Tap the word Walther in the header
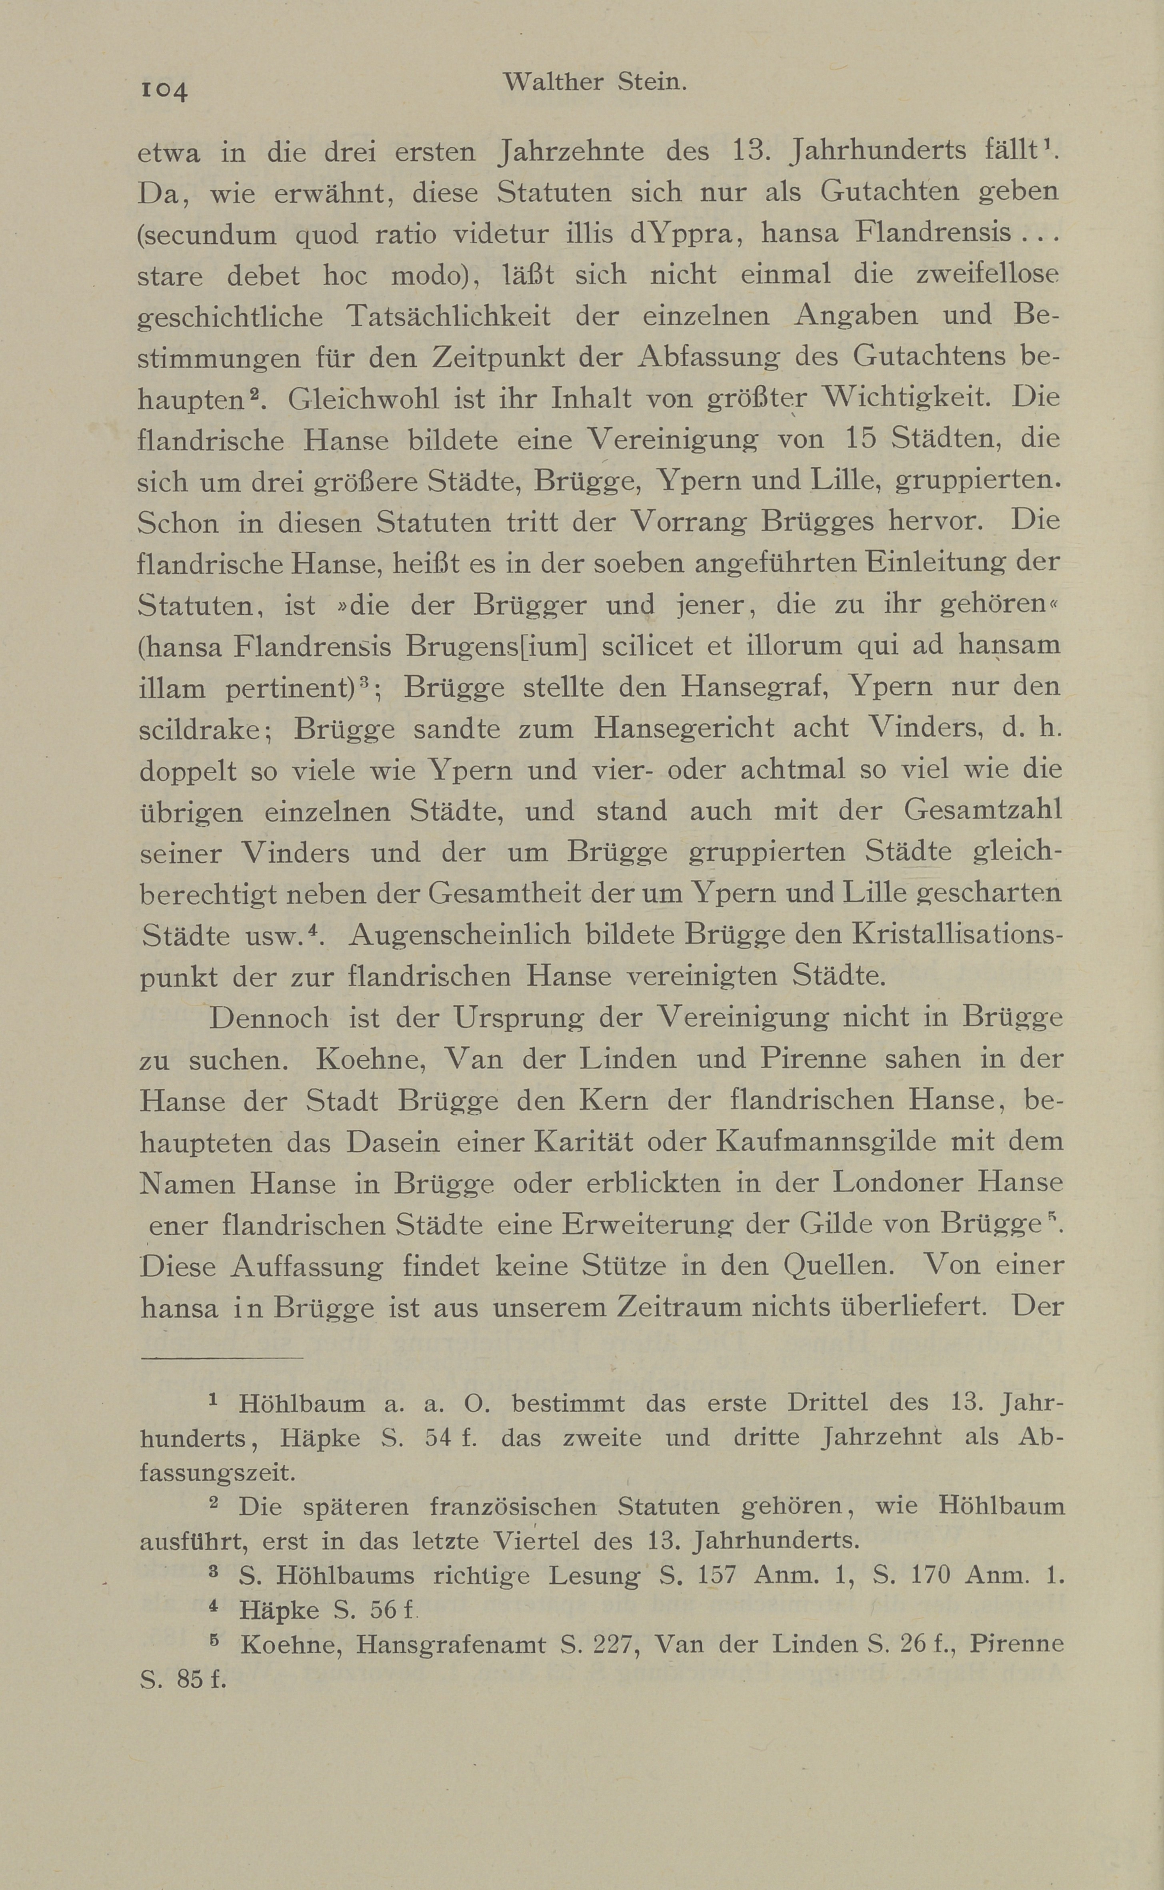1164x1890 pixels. tap(553, 82)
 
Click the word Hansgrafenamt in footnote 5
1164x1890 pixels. tap(451, 1645)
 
